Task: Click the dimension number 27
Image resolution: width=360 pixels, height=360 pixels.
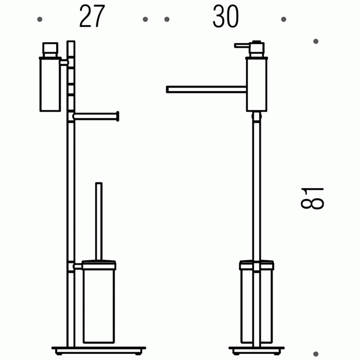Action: pos(92,16)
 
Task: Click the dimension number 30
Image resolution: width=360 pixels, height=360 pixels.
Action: pos(226,16)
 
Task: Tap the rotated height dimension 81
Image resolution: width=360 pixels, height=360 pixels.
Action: pos(312,198)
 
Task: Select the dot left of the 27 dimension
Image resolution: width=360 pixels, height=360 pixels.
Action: pos(40,20)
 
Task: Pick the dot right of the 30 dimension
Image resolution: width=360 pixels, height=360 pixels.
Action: pos(283,20)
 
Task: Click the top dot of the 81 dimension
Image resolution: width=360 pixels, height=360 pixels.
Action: pos(316,41)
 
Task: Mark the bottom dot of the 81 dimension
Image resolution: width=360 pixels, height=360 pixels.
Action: pos(316,354)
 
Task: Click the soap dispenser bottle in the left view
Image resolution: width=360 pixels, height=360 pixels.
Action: pos(50,84)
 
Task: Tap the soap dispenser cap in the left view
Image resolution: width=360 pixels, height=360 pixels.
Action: pos(50,49)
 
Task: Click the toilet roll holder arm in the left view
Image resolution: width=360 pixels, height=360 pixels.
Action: pos(96,116)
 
